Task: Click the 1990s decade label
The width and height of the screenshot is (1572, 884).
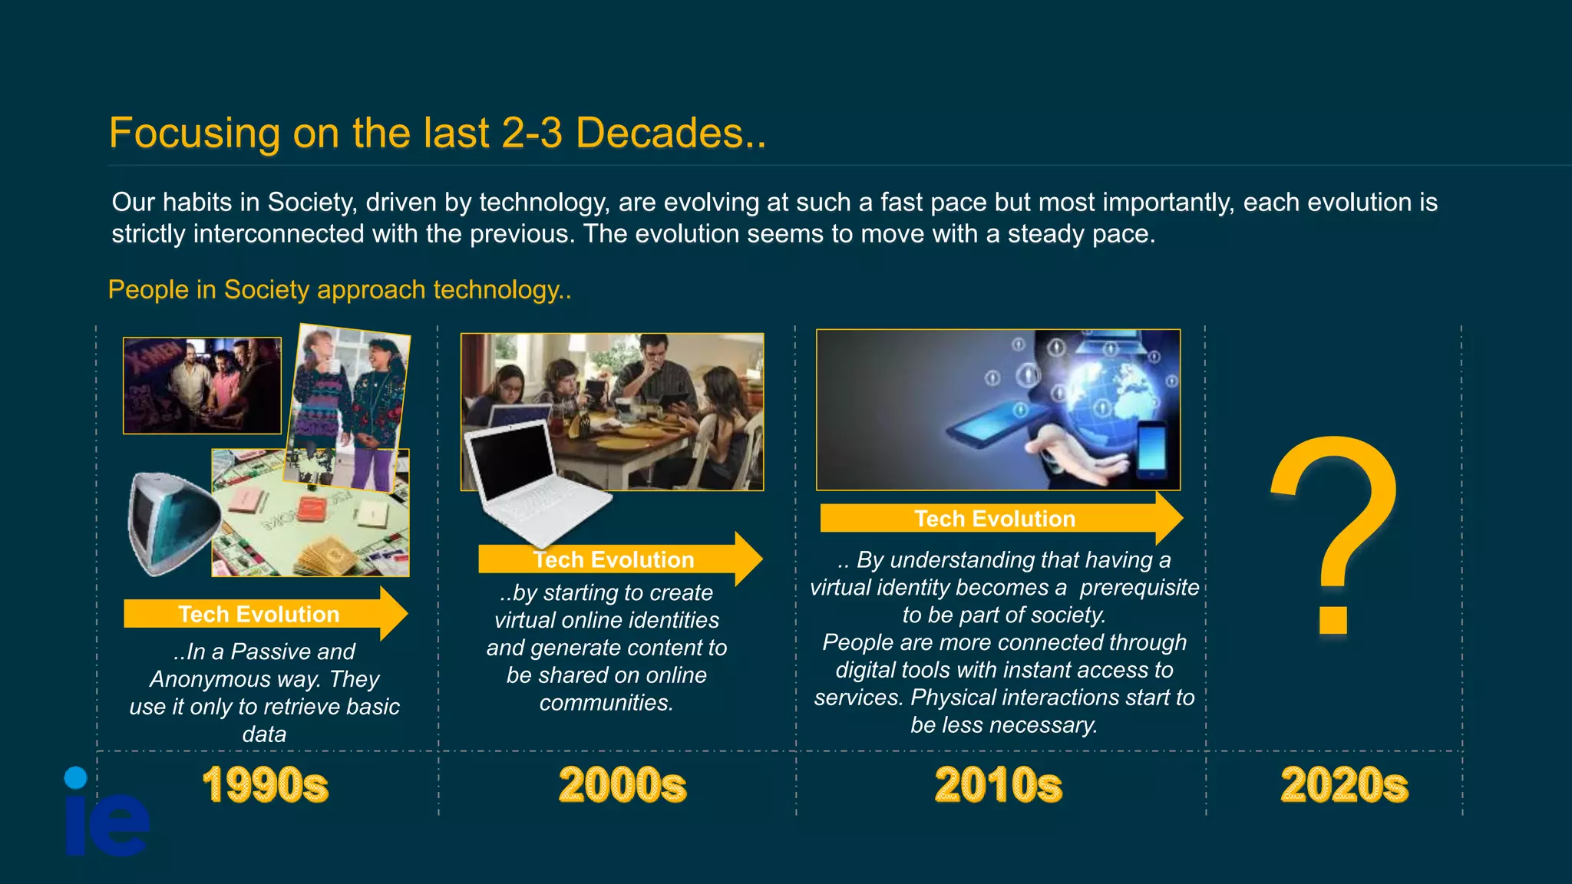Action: click(x=265, y=785)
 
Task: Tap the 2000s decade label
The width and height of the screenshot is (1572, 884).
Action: click(x=622, y=785)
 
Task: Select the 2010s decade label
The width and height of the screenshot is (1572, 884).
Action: click(x=998, y=785)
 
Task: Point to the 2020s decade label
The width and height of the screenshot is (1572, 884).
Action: click(x=1344, y=785)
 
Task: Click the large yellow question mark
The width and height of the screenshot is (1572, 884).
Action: click(x=1334, y=529)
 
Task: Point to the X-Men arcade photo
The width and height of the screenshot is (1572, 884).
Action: click(x=202, y=385)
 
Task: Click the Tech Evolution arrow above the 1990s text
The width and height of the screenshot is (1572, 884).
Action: click(x=265, y=614)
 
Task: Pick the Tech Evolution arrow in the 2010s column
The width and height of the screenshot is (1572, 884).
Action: click(x=998, y=519)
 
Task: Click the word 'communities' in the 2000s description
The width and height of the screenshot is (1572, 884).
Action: click(x=605, y=703)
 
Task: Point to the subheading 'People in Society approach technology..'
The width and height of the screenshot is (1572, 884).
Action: click(x=339, y=290)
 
